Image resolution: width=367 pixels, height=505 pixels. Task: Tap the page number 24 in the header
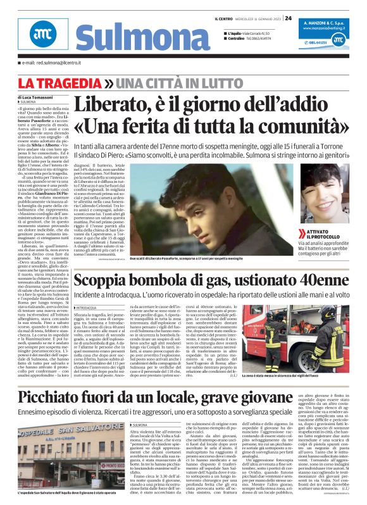(288, 18)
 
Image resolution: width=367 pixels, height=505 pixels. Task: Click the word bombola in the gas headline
(161, 280)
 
